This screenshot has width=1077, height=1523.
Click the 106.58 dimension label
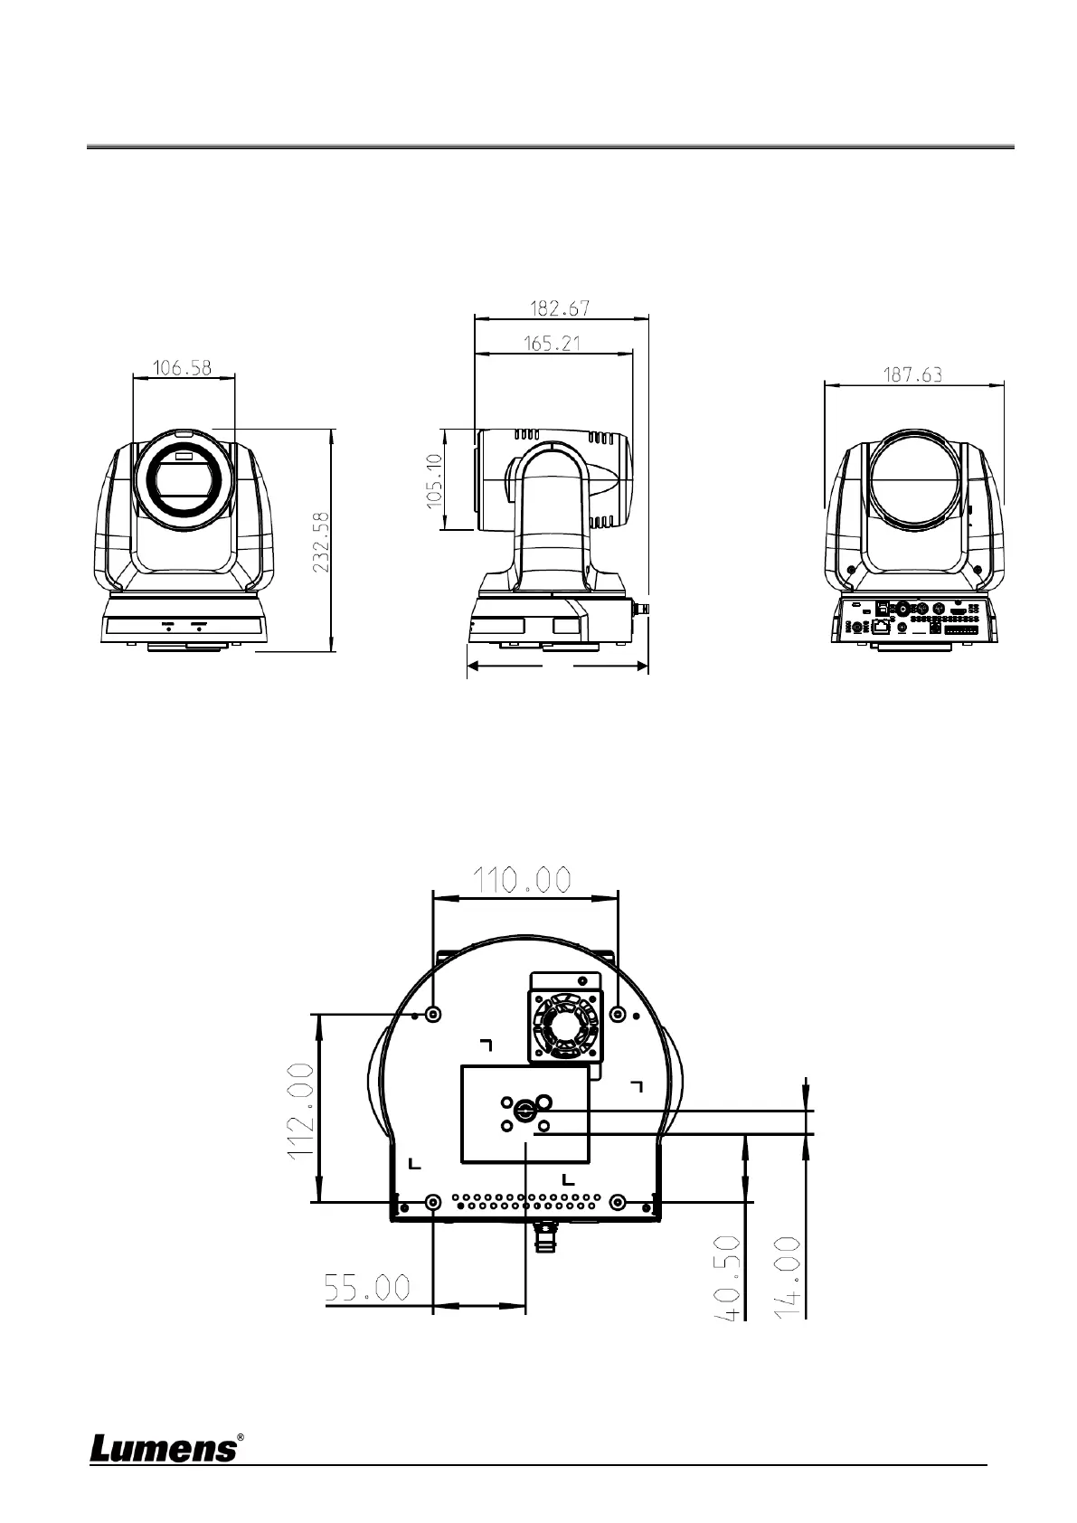(182, 368)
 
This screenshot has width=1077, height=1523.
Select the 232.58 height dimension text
(321, 542)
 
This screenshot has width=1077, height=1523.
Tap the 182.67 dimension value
(560, 308)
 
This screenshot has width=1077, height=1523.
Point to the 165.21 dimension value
(553, 344)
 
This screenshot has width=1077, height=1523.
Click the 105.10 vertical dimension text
(434, 480)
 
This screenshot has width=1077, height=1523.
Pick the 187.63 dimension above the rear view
(912, 374)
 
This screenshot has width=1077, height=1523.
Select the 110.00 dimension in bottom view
(522, 881)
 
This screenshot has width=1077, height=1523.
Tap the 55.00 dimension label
(367, 1288)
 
